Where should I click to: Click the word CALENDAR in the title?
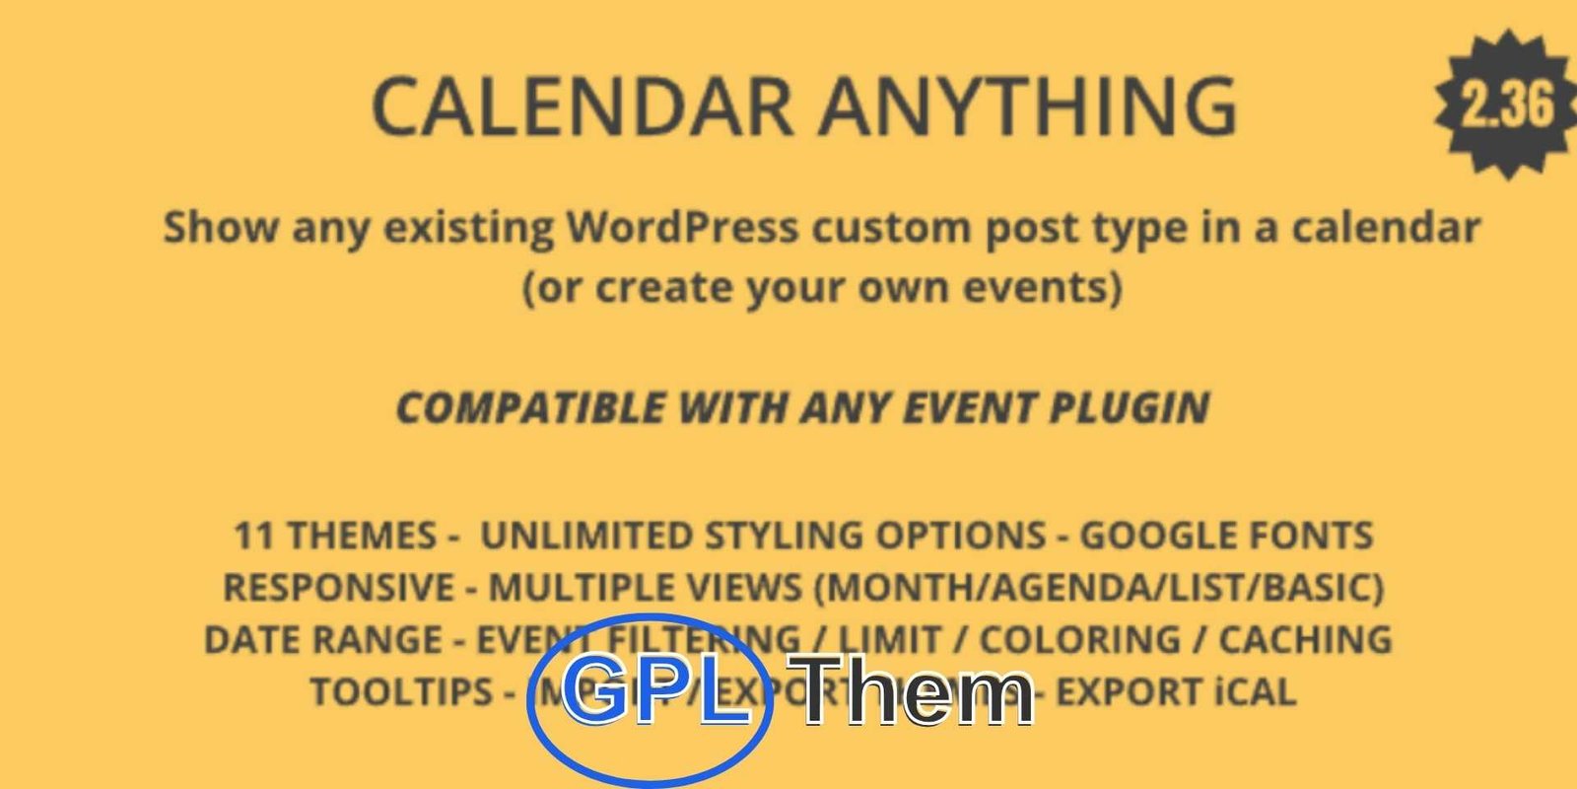(583, 106)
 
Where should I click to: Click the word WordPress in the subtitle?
(682, 228)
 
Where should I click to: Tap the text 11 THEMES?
(334, 536)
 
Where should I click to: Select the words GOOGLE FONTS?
(1226, 536)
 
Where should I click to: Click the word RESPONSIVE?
(338, 588)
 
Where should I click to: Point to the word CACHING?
(1305, 639)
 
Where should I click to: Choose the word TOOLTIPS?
(401, 691)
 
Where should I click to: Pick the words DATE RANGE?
(322, 639)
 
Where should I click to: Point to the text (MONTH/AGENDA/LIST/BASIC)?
(1099, 588)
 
